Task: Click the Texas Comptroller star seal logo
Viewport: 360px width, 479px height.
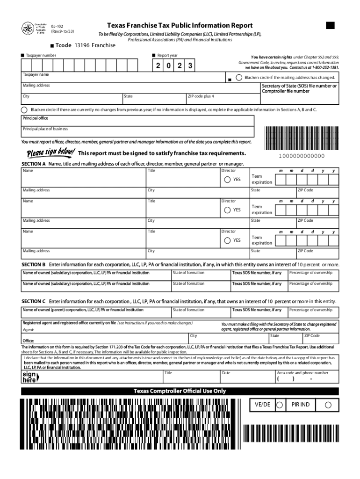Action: (27, 29)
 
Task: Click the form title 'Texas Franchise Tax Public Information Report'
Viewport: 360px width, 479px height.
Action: (180, 25)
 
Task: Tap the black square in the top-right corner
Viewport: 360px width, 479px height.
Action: (331, 25)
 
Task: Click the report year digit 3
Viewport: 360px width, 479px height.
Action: (190, 66)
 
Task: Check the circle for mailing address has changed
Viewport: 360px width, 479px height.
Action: (239, 77)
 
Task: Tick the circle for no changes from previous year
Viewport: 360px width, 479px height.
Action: (24, 109)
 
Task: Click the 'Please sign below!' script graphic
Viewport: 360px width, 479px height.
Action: (50, 153)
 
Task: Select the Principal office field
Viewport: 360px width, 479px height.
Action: (138, 121)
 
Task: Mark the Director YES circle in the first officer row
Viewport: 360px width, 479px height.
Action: (227, 180)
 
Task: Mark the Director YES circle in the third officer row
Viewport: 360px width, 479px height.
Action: (227, 240)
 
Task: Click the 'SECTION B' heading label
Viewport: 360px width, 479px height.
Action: (34, 265)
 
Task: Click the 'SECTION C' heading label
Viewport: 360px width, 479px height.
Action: (34, 301)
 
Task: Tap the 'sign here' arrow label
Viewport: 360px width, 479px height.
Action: (30, 377)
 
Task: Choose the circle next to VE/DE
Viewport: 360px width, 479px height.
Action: (280, 404)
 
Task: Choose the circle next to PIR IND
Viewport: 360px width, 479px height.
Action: (328, 404)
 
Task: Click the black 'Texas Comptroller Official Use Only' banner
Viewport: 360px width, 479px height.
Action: (180, 391)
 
